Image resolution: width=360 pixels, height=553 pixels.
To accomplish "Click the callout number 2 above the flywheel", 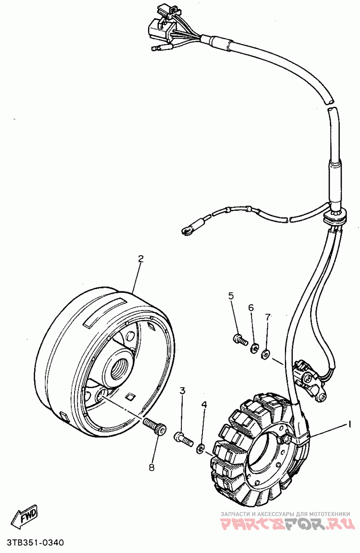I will [x=141, y=258].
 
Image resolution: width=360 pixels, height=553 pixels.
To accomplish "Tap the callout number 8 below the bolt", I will [x=151, y=467].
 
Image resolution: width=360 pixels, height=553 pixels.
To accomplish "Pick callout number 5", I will [x=231, y=296].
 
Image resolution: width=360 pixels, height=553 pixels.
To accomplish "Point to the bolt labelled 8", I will [x=154, y=426].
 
